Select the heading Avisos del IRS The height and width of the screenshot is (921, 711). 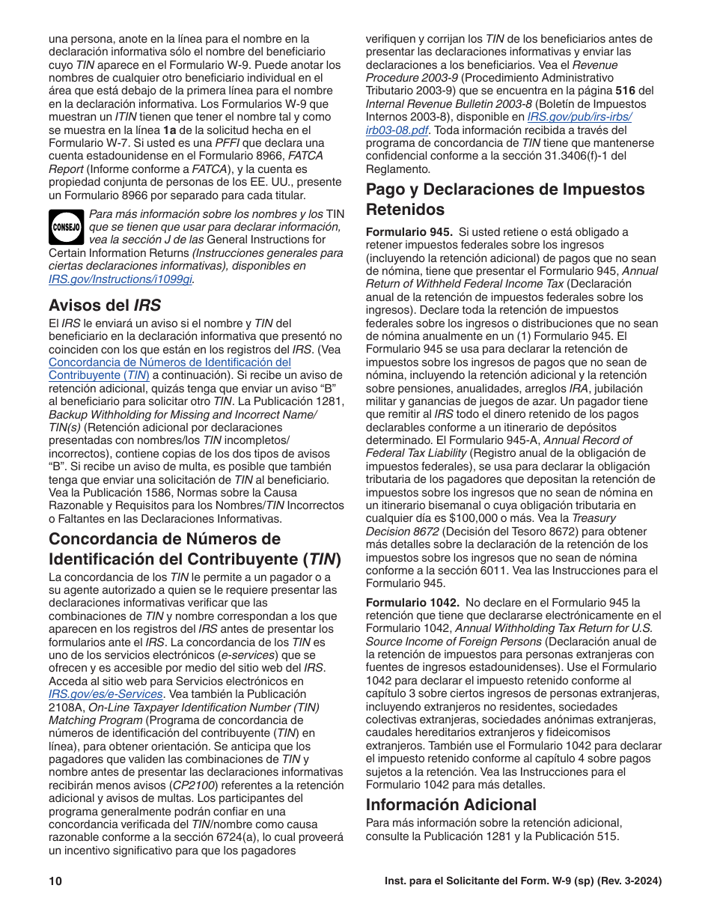point(104,305)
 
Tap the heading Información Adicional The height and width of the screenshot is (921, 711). point(451,804)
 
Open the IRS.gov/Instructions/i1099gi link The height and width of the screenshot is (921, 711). point(120,279)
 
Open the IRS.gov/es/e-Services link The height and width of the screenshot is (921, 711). point(106,694)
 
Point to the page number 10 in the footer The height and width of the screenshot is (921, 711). point(55,881)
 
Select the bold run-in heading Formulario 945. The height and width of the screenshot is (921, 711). point(409,232)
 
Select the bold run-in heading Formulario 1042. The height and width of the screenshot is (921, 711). point(412,603)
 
